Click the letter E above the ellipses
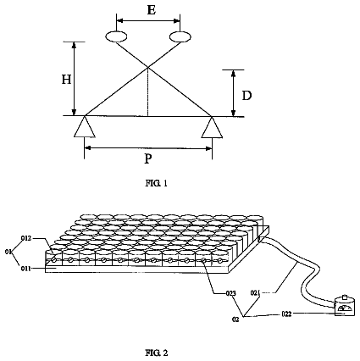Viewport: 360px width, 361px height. point(152,10)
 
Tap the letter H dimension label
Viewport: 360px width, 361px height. point(66,80)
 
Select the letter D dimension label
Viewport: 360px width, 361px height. point(246,96)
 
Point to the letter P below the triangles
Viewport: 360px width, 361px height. point(148,159)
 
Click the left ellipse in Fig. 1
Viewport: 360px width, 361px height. point(116,36)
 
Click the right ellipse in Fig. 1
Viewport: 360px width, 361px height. point(180,36)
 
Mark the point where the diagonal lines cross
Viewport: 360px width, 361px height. point(148,67)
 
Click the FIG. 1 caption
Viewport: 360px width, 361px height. point(157,183)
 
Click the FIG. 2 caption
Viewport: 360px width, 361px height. point(157,353)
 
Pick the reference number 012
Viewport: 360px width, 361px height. point(27,238)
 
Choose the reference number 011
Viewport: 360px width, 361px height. point(25,268)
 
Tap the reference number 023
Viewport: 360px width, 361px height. point(230,293)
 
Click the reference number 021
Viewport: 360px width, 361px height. point(256,293)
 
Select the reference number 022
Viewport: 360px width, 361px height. point(286,314)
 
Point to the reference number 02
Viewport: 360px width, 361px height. point(235,319)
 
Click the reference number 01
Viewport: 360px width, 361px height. point(8,252)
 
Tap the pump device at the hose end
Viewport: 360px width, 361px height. point(344,305)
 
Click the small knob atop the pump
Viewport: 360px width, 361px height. point(344,297)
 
